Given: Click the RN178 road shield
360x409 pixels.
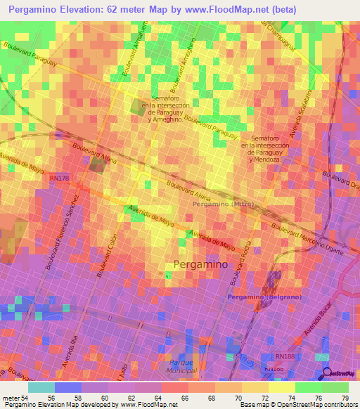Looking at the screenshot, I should coord(60,179).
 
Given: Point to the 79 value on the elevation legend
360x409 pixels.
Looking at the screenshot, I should coord(345,397).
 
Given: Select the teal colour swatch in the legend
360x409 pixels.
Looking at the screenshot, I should coord(42,387).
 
